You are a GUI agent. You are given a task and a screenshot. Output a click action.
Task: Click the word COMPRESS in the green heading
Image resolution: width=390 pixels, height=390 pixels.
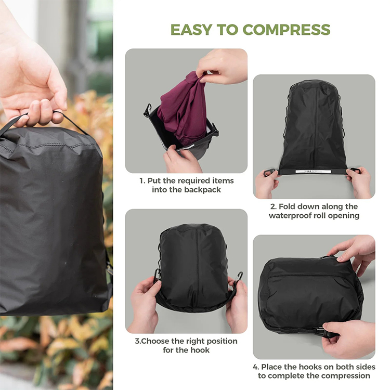point(287,30)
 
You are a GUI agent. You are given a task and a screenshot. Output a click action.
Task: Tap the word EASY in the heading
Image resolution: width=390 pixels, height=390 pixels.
point(191,30)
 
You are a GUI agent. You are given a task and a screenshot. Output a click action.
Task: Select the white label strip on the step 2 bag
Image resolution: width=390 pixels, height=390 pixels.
point(314,172)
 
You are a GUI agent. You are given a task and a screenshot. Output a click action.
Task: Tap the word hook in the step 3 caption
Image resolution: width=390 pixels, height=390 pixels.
point(200,350)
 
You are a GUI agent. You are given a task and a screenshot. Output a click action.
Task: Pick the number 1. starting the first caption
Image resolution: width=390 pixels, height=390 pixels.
point(142,181)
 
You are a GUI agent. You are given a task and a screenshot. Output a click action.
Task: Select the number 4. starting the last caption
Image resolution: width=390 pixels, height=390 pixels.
point(256,367)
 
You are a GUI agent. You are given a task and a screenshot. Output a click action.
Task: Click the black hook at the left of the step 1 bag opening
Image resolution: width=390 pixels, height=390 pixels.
point(148,110)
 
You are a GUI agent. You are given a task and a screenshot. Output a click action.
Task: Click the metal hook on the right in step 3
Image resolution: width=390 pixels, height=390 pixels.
point(239,276)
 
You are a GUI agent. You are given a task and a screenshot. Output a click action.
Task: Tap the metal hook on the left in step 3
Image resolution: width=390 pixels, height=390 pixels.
point(157,275)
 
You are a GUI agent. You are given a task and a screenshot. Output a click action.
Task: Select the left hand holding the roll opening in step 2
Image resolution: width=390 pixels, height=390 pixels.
point(267,184)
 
